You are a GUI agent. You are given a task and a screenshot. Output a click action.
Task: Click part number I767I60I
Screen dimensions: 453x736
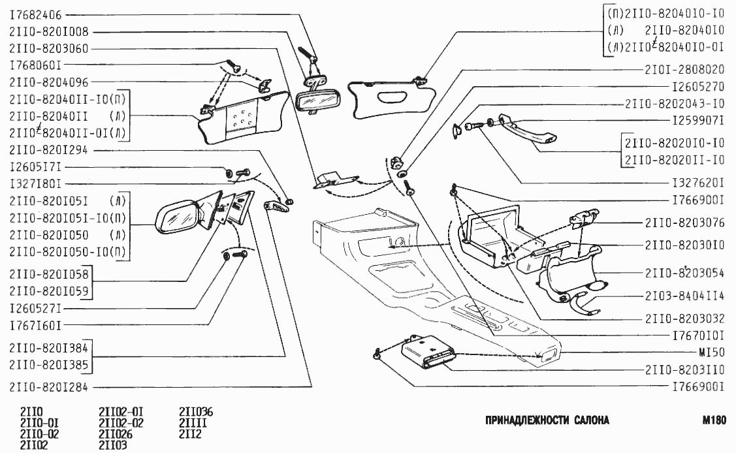coord(36,323)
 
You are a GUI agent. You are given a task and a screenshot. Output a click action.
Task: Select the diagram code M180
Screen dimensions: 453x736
coord(714,420)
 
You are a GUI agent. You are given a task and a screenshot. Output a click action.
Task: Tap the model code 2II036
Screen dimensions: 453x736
coord(196,412)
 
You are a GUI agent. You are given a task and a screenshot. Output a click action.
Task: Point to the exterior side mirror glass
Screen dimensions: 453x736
coord(176,215)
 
